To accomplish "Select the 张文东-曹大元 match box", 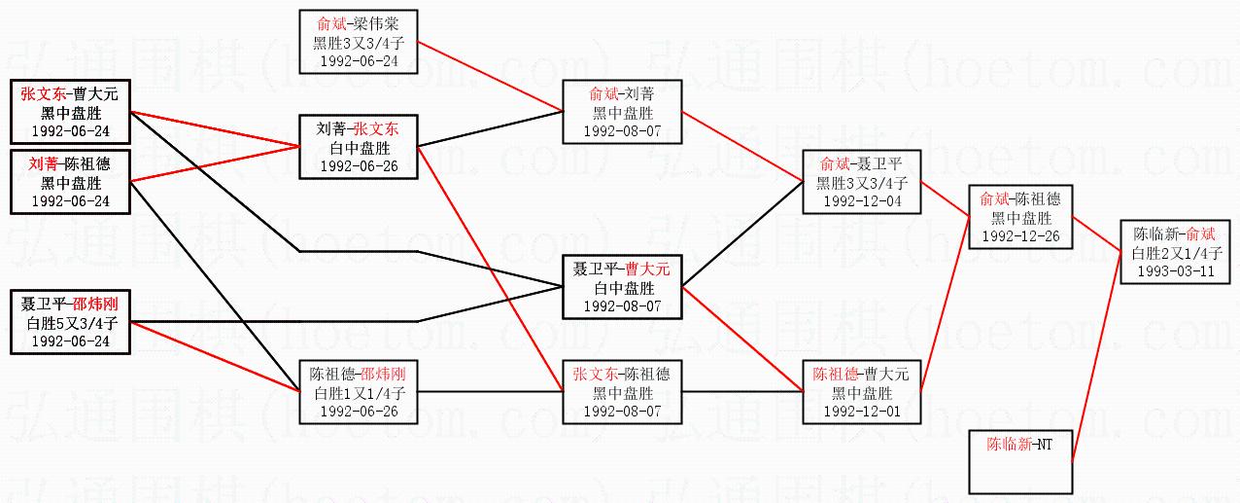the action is coord(70,112).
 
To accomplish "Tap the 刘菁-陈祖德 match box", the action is coord(70,182).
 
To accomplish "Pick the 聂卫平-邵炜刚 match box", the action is coord(70,321).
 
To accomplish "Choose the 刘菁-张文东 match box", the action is coord(359,147).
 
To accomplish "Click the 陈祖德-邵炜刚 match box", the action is coord(359,391).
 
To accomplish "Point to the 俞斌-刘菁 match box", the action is coord(622,112).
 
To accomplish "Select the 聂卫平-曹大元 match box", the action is coord(622,287).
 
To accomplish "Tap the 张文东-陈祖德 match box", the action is coord(622,391).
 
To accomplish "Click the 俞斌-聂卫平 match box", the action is coord(861,182).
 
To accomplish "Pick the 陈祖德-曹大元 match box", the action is coord(861,391).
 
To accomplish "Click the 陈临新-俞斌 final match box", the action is coord(1174,252).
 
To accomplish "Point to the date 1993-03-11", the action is coord(1174,271).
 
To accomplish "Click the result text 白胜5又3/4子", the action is coord(70,322).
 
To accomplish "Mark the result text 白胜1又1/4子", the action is coord(359,392).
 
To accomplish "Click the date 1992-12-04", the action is coord(861,201).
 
